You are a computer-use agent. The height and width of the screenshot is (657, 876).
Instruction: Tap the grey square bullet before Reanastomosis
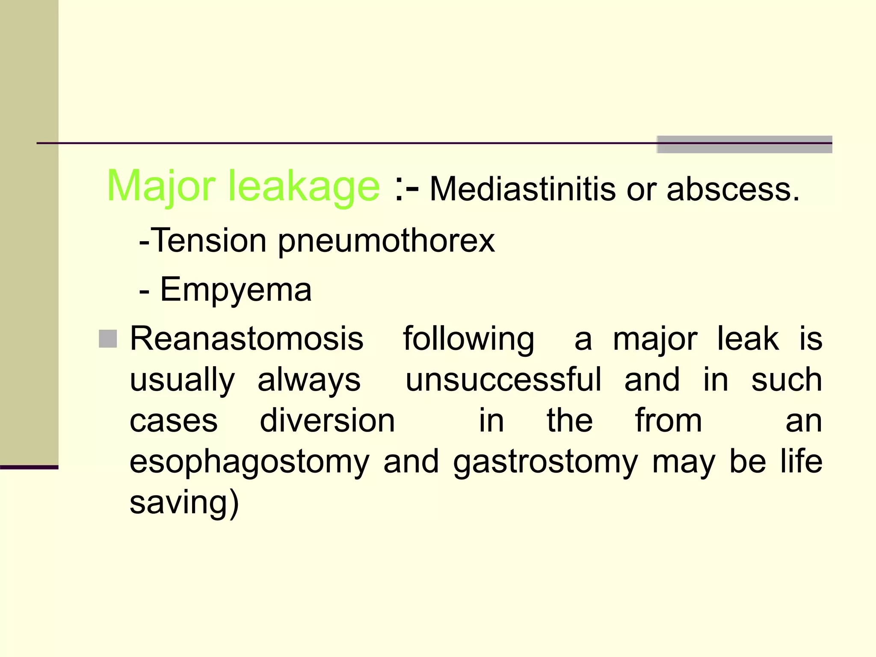point(108,339)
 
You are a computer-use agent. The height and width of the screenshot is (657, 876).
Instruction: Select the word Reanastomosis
point(246,339)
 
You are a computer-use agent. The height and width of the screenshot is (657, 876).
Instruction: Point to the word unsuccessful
point(503,380)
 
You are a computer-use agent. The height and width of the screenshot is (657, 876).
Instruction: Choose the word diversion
point(327,421)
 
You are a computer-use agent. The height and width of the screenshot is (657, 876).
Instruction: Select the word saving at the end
point(184,503)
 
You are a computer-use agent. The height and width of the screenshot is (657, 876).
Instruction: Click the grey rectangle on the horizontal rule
point(744,145)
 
